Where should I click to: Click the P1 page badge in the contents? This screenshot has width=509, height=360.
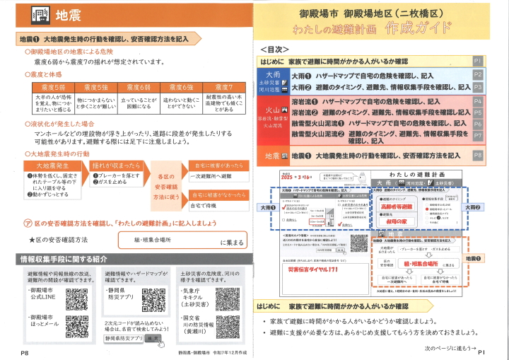(477, 62)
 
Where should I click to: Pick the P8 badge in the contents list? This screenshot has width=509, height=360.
(477, 155)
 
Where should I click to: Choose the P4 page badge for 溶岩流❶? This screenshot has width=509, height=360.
(477, 102)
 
